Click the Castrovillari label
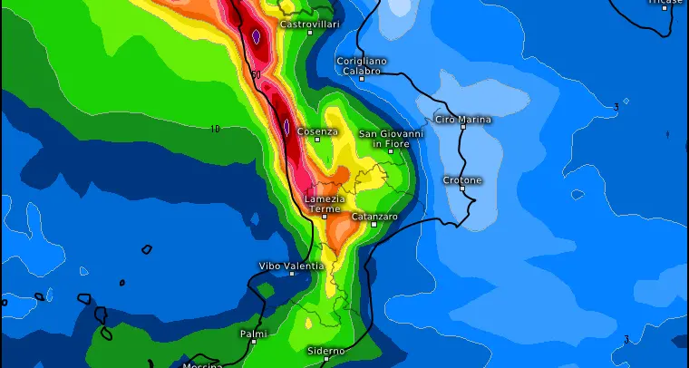pos(309,24)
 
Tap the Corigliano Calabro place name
pos(362,65)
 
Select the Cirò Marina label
pos(463,119)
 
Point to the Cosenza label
pos(317,131)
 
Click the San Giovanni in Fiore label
pos(391,139)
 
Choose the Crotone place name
pos(462,180)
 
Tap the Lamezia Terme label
pos(325,204)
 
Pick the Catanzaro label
pos(374,217)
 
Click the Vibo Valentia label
pos(291,266)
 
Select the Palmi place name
pos(254,334)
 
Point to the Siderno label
pos(325,350)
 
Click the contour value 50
pos(257,74)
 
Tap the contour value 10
pos(215,129)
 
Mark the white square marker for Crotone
pos(462,190)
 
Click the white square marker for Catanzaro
pos(374,225)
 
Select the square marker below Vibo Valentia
pos(292,274)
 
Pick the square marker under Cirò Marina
pos(463,127)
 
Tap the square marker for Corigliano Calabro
pos(362,78)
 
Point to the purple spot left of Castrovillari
pos(257,37)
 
